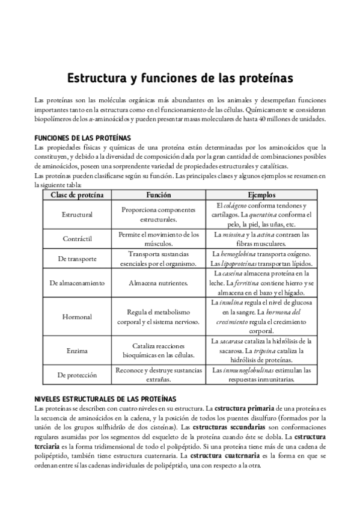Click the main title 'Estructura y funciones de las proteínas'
point(180,79)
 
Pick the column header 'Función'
point(159,195)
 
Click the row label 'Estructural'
point(77,215)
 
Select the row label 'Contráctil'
point(77,239)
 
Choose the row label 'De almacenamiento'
point(77,282)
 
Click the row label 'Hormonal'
point(77,316)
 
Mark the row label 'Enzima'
point(77,350)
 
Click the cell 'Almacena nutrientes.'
point(159,282)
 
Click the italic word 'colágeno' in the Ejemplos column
point(236,204)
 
